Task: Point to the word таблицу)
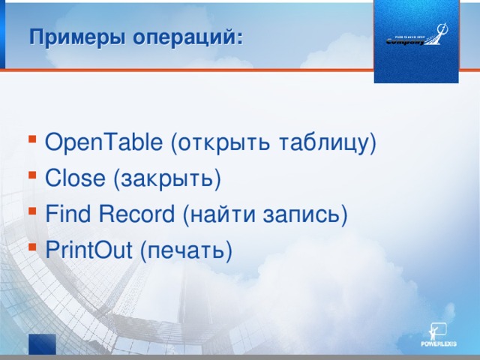click(327, 142)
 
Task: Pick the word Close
click(76, 178)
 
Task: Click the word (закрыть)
click(166, 178)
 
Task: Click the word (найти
click(217, 214)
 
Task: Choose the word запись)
click(304, 214)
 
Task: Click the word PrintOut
click(89, 250)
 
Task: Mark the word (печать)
click(186, 250)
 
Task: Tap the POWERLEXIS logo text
click(438, 344)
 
